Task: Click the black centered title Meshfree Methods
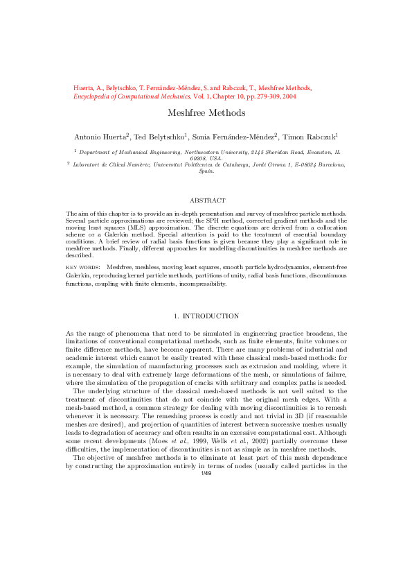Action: tap(206, 112)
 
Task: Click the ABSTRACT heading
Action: tap(206, 200)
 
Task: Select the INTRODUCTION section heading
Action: tap(211, 316)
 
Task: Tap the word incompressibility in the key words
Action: tap(202, 284)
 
